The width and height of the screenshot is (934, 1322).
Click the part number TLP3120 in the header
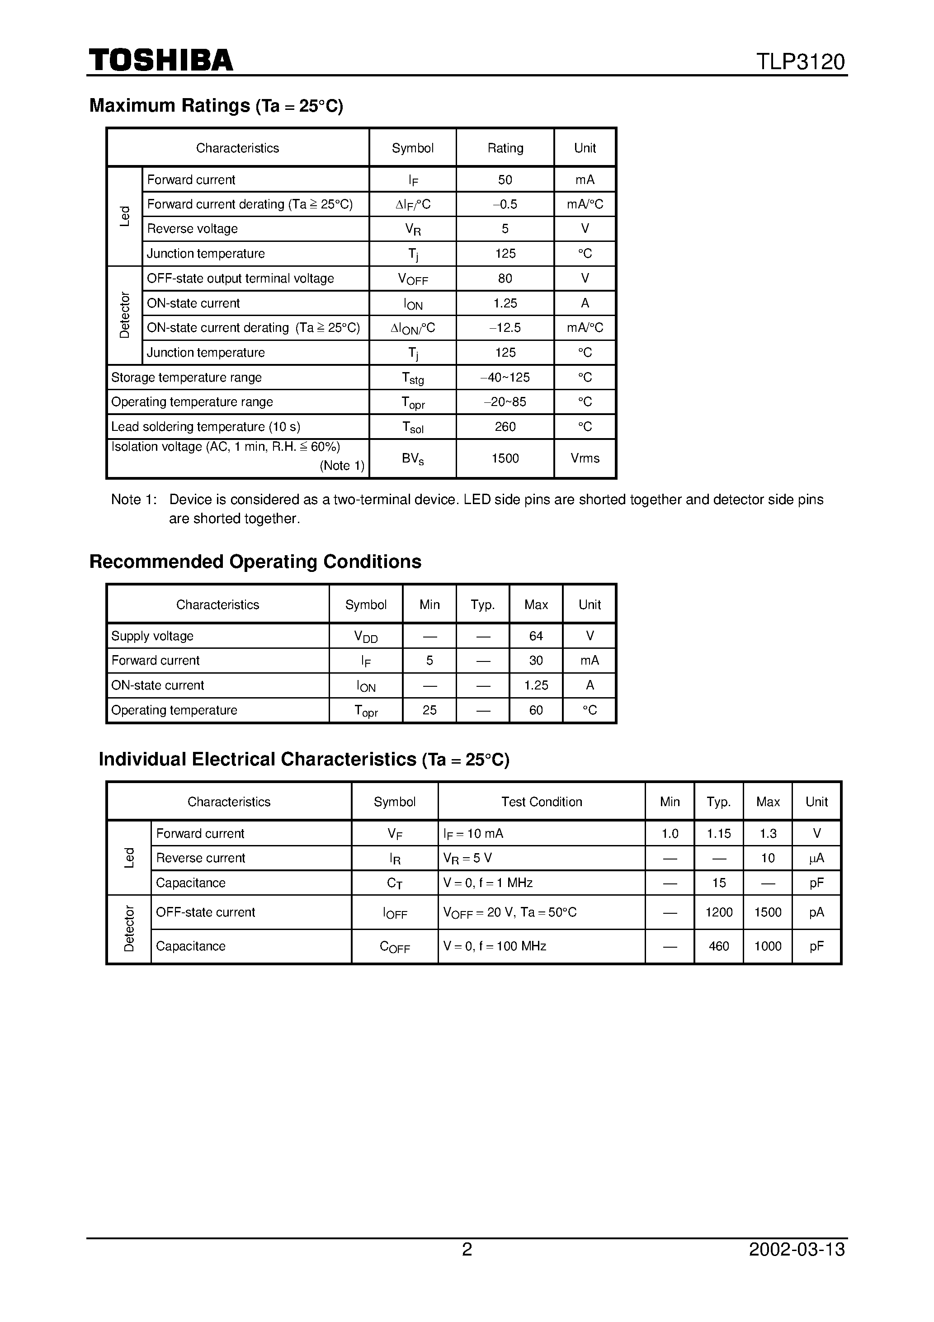pos(800,61)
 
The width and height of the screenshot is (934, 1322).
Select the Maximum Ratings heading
pos(216,105)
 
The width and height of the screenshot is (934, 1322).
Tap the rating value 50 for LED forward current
pos(505,179)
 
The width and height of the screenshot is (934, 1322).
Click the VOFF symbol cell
pos(413,279)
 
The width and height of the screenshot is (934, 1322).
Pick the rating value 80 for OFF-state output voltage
pos(505,279)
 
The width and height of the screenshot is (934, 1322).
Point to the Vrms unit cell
pos(585,458)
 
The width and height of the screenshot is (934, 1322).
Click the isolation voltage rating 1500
pos(505,458)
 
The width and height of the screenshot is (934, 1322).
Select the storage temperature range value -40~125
pos(505,377)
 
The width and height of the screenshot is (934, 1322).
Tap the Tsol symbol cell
pos(413,427)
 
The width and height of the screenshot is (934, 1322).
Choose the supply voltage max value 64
pos(536,636)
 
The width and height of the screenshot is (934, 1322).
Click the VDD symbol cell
pos(366,636)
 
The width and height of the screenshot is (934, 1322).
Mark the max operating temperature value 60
pos(536,710)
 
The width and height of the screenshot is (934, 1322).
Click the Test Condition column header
pos(541,802)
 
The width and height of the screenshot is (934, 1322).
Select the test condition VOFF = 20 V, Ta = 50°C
pos(509,912)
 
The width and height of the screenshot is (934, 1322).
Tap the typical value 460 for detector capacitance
pos(719,946)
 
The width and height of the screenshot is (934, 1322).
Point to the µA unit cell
pos(816,858)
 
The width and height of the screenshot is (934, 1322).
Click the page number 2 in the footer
pos(467,1265)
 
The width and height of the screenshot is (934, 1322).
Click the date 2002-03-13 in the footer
pos(797,1265)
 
